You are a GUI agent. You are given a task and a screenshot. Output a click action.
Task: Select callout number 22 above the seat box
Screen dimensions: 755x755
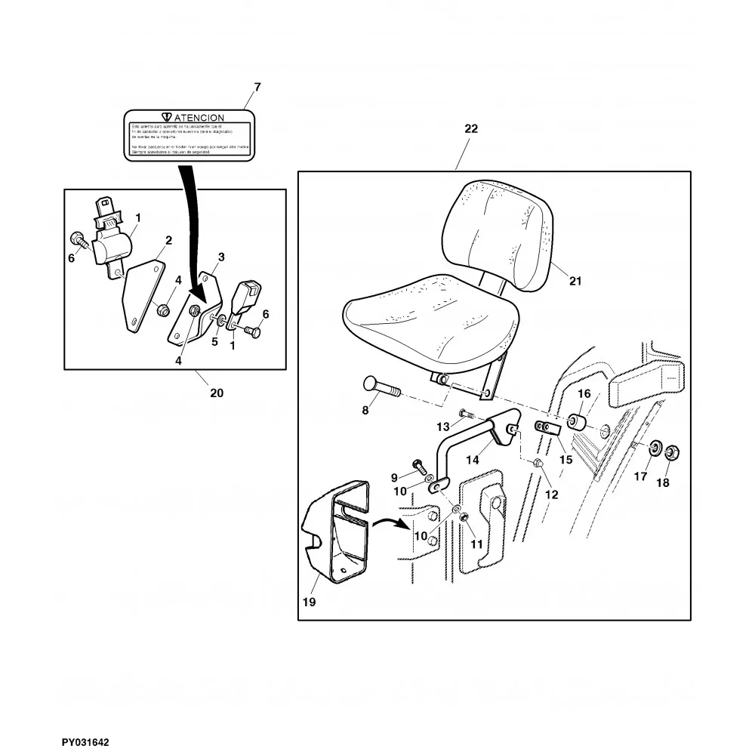click(x=470, y=129)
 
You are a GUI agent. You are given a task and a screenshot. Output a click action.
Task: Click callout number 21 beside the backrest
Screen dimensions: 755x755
click(x=575, y=282)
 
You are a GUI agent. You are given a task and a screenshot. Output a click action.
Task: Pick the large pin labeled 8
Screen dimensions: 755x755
click(x=381, y=388)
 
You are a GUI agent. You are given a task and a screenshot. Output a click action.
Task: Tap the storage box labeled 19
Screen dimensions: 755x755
click(x=336, y=532)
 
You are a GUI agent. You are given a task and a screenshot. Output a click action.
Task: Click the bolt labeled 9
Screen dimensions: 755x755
click(x=418, y=467)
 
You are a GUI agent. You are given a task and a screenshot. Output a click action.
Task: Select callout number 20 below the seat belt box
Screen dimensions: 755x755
click(x=217, y=393)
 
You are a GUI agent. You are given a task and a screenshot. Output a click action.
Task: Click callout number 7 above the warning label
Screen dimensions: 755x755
click(x=257, y=88)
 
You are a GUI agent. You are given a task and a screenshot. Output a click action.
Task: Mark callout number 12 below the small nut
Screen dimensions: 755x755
click(x=552, y=495)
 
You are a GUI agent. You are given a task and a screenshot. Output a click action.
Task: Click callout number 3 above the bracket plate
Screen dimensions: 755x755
click(x=221, y=257)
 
